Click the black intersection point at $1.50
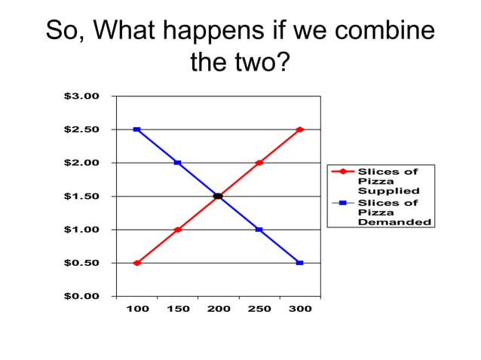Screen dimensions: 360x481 (x=219, y=196)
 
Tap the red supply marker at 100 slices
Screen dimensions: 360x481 (x=137, y=263)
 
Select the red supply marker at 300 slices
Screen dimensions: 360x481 (x=300, y=130)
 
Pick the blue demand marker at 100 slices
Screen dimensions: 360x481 (x=137, y=130)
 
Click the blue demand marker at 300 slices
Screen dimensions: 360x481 (x=300, y=263)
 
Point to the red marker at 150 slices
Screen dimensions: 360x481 (x=178, y=230)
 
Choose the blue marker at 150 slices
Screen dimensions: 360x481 (x=178, y=163)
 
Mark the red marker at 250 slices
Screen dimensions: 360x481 (x=259, y=163)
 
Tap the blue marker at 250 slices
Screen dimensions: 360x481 (x=259, y=230)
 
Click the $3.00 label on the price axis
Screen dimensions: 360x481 (x=81, y=96)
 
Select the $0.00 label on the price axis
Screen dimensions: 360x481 (x=81, y=296)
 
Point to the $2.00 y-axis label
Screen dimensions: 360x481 (x=81, y=163)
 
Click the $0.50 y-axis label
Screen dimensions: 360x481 (x=81, y=263)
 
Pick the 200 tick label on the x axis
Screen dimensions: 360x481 (x=219, y=310)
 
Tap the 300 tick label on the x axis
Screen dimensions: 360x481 (x=300, y=310)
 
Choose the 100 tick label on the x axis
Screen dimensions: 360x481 (x=137, y=310)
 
